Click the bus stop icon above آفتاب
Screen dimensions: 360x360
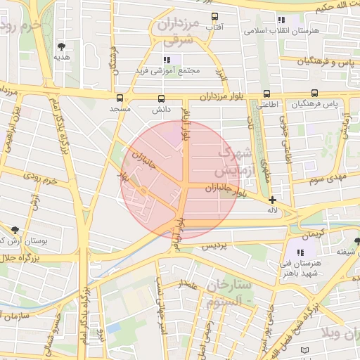(214, 16)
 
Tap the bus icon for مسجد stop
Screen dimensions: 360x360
(120, 98)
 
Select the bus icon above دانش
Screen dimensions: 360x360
(161, 99)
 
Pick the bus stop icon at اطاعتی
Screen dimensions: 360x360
(266, 94)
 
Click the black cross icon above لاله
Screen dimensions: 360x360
(273, 200)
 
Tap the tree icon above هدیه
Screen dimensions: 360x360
(62, 46)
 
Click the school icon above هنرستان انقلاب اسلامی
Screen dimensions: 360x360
(281, 20)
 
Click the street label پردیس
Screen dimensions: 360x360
(214, 247)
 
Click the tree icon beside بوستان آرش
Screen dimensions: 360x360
(15, 229)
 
